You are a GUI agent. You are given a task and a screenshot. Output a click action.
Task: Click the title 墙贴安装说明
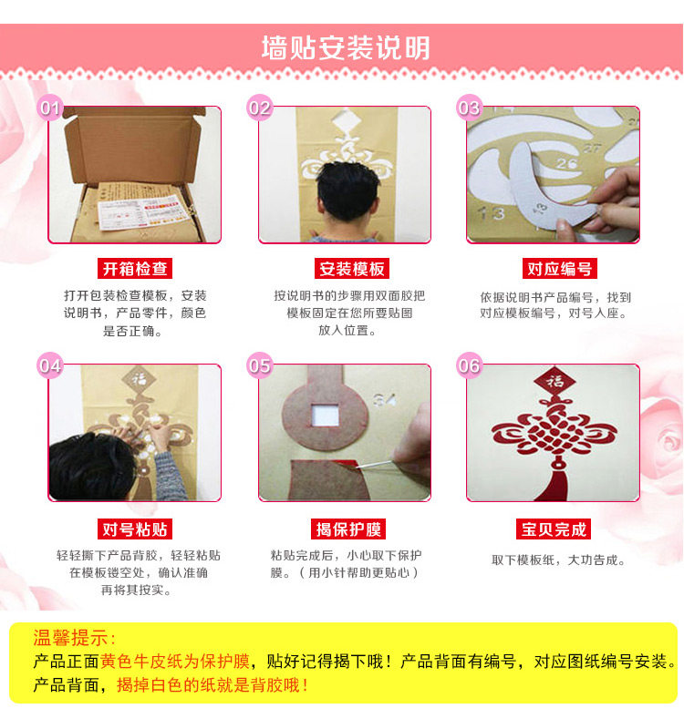click(x=346, y=47)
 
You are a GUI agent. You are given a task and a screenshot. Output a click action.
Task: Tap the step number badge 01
click(x=49, y=108)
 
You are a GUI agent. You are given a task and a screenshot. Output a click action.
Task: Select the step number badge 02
click(x=260, y=108)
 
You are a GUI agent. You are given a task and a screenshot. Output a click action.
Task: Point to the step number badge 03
click(x=469, y=108)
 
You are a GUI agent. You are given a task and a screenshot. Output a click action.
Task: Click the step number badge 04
click(x=49, y=365)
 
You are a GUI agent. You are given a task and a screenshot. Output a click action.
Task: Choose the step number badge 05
click(x=260, y=365)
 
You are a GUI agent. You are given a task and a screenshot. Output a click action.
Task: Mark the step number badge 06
click(x=469, y=365)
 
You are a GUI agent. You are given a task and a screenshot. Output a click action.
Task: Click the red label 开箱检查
click(x=134, y=269)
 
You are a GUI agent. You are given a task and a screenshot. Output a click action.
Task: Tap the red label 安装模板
click(x=352, y=269)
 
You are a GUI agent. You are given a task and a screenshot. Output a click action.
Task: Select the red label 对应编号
click(x=560, y=269)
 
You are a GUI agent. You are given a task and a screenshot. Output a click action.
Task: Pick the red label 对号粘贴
click(x=134, y=529)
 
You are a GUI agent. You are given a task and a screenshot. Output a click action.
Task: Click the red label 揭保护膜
click(x=348, y=529)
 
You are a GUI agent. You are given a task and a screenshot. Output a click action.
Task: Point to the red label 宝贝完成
click(x=554, y=529)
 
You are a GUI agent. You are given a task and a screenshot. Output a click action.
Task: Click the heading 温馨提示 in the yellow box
click(x=74, y=638)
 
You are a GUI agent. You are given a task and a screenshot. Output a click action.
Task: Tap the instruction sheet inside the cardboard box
click(x=145, y=211)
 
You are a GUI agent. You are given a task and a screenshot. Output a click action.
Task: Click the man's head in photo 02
click(x=348, y=191)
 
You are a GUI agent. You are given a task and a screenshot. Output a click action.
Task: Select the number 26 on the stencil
click(x=567, y=163)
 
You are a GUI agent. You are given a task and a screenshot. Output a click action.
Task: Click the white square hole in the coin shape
click(x=326, y=416)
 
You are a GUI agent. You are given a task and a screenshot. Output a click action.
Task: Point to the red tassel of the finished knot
click(x=557, y=484)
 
